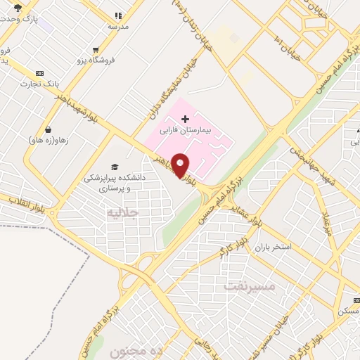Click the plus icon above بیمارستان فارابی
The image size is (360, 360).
(185, 119)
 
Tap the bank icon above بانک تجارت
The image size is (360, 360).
(39, 72)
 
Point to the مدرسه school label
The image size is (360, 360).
(118, 26)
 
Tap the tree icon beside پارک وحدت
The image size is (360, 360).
(17, 8)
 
